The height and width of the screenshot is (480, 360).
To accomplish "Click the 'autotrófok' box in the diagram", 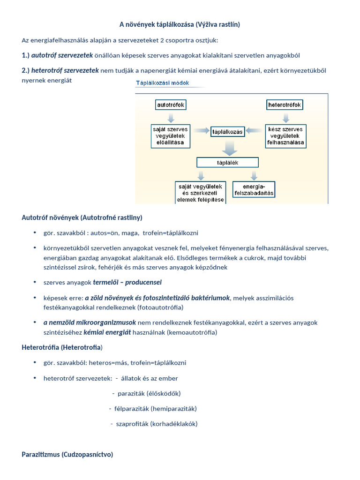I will coord(171,105).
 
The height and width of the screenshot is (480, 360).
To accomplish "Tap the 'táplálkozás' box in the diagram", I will coord(228,132).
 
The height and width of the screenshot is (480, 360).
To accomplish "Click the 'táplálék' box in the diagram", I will coord(227,163).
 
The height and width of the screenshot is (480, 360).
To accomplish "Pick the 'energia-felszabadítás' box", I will coord(254,189).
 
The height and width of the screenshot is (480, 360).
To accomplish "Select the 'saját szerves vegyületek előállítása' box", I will coord(171,135).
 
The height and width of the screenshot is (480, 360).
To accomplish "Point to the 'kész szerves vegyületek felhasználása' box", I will coord(285,135).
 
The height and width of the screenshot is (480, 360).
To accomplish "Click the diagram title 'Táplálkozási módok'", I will coord(163,83).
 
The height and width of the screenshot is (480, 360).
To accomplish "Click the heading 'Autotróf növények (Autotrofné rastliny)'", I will coord(82,217).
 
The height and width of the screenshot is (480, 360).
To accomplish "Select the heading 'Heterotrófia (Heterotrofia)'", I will coord(62,347).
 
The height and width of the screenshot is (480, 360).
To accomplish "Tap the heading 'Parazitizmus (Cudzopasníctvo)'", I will coord(67,455).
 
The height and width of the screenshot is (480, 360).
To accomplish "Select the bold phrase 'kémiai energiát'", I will coord(106,332).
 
